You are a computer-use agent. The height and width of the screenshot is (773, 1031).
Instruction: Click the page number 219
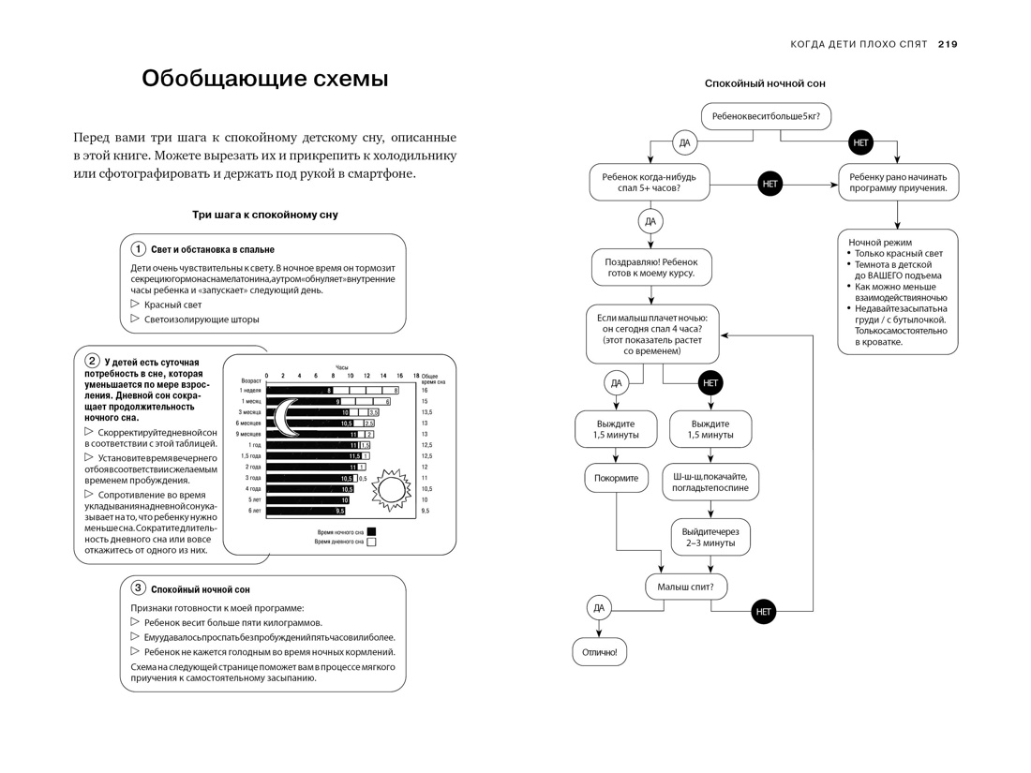click(x=947, y=44)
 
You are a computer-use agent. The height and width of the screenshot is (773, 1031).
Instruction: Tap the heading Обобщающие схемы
click(x=264, y=79)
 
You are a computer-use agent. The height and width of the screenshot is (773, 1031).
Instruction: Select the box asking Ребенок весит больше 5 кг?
click(x=766, y=117)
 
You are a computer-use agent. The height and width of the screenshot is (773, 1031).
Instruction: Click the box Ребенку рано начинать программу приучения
click(x=897, y=182)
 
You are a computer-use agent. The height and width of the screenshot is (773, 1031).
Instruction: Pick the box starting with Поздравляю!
click(x=651, y=266)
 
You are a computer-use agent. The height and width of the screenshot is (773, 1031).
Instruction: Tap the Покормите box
click(x=616, y=478)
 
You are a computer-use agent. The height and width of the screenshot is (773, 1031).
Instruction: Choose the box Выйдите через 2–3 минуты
click(x=710, y=536)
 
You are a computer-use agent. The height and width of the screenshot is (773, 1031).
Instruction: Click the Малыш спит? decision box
click(x=686, y=587)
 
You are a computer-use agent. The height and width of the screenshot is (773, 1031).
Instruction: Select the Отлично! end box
click(x=600, y=652)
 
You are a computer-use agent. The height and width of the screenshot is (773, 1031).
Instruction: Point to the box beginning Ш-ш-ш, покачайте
click(x=710, y=482)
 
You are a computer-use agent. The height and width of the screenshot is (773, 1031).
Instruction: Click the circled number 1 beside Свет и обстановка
click(x=138, y=249)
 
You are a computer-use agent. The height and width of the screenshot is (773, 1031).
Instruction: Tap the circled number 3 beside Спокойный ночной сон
click(x=138, y=588)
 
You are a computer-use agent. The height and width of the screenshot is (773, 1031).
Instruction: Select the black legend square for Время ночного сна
click(x=371, y=531)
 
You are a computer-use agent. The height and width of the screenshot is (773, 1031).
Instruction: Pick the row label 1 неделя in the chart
click(x=250, y=390)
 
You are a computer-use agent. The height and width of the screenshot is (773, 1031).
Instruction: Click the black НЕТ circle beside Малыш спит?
click(x=764, y=612)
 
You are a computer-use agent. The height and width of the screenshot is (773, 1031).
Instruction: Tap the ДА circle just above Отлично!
click(x=599, y=608)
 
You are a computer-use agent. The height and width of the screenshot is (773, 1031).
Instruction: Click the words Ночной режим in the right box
click(x=873, y=242)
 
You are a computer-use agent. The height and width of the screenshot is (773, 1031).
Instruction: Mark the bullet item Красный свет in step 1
click(x=172, y=305)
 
